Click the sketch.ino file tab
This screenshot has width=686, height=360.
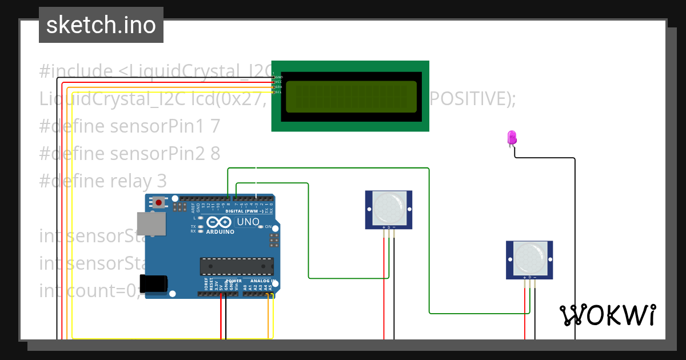pos(101,25)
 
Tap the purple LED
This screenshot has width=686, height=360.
pos(512,137)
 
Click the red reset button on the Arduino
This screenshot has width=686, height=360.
pos(158,202)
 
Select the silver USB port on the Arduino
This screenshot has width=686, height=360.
pos(151,224)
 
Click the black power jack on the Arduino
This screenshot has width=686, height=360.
pos(153,284)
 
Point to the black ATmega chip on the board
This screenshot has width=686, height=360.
pos(237,266)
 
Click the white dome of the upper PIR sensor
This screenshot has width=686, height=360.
pos(389,208)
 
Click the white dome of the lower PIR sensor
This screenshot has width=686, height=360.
pos(529,258)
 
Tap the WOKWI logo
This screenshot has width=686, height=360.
pos(608,315)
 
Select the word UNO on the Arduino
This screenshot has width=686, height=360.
pos(248,222)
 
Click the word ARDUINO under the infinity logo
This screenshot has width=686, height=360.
pos(220,232)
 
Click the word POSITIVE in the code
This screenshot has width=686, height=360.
pos(472,99)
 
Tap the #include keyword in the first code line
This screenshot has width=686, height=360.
pos(76,71)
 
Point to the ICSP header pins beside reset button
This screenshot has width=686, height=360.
pos(180,206)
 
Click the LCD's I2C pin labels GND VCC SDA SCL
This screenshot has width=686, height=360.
pos(278,84)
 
